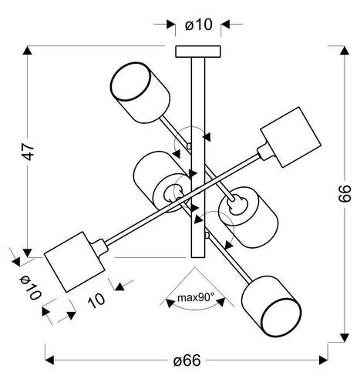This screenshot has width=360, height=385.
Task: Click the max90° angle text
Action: (x=191, y=297)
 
